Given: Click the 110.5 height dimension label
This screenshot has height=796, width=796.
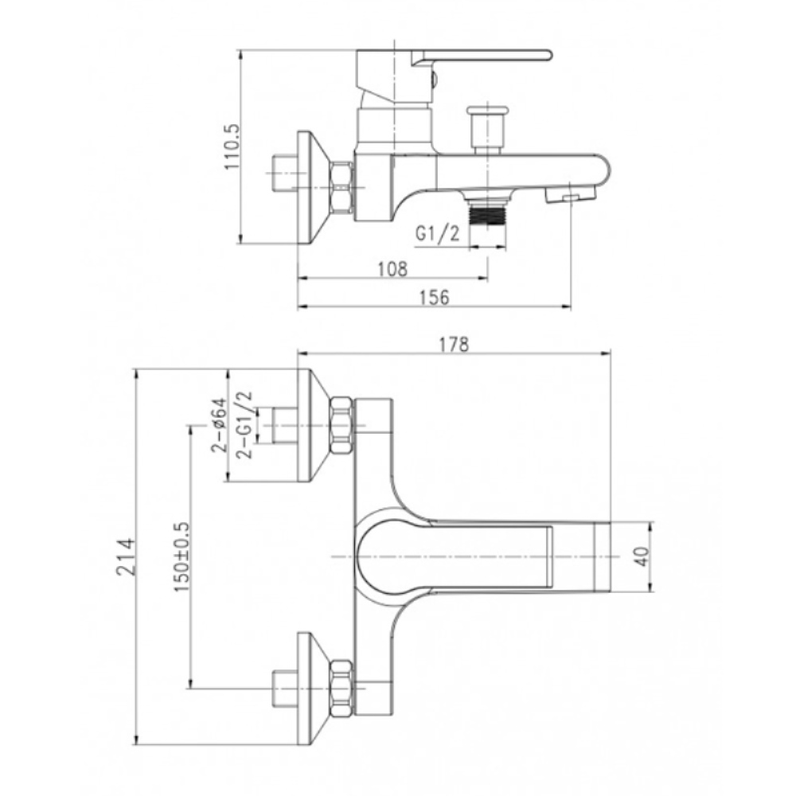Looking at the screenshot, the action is [232, 146].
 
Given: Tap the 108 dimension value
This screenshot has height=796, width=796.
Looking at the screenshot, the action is [392, 268].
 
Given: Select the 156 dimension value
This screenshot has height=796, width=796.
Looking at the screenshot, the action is [435, 297].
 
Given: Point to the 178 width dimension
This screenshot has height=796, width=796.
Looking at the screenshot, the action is [454, 344].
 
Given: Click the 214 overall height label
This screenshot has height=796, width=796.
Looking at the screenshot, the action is [126, 557].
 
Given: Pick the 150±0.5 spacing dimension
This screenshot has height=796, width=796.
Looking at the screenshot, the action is [181, 556].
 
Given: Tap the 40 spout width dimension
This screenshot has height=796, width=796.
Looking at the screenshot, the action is [642, 556].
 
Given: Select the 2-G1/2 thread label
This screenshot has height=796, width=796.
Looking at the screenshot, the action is [244, 425].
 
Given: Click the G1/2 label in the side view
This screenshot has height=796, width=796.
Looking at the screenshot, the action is [437, 233].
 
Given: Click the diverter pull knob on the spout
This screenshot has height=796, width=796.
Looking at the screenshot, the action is [486, 129].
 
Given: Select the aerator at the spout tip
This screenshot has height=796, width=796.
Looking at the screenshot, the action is [570, 195].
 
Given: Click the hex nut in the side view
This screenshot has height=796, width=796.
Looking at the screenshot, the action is [341, 187].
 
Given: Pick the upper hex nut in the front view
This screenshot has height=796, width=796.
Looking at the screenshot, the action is [341, 425].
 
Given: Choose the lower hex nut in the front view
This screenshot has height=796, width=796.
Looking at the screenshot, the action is [341, 689].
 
